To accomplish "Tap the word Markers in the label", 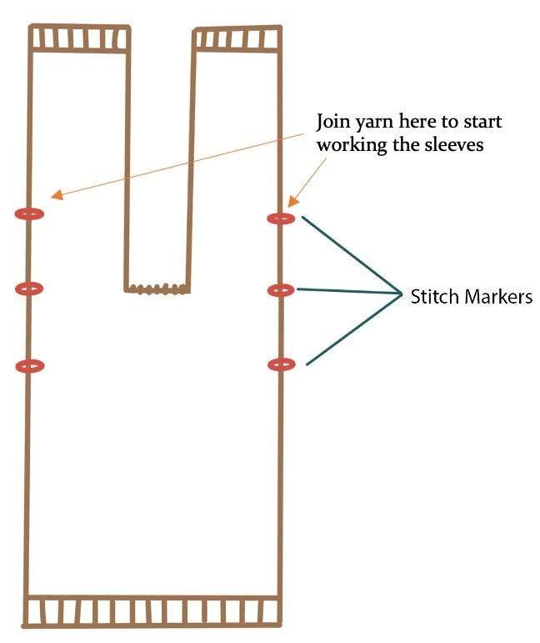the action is click(x=496, y=296).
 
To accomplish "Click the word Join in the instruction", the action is click(x=331, y=123).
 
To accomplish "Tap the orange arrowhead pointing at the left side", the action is click(x=57, y=195).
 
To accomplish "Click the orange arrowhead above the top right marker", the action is click(x=293, y=201).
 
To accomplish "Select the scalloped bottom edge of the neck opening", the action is click(x=157, y=289).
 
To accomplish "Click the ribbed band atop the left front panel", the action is click(x=79, y=38).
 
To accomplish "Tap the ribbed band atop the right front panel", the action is click(x=237, y=39).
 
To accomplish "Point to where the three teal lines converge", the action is click(x=401, y=293).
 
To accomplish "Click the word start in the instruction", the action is click(x=482, y=123).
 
